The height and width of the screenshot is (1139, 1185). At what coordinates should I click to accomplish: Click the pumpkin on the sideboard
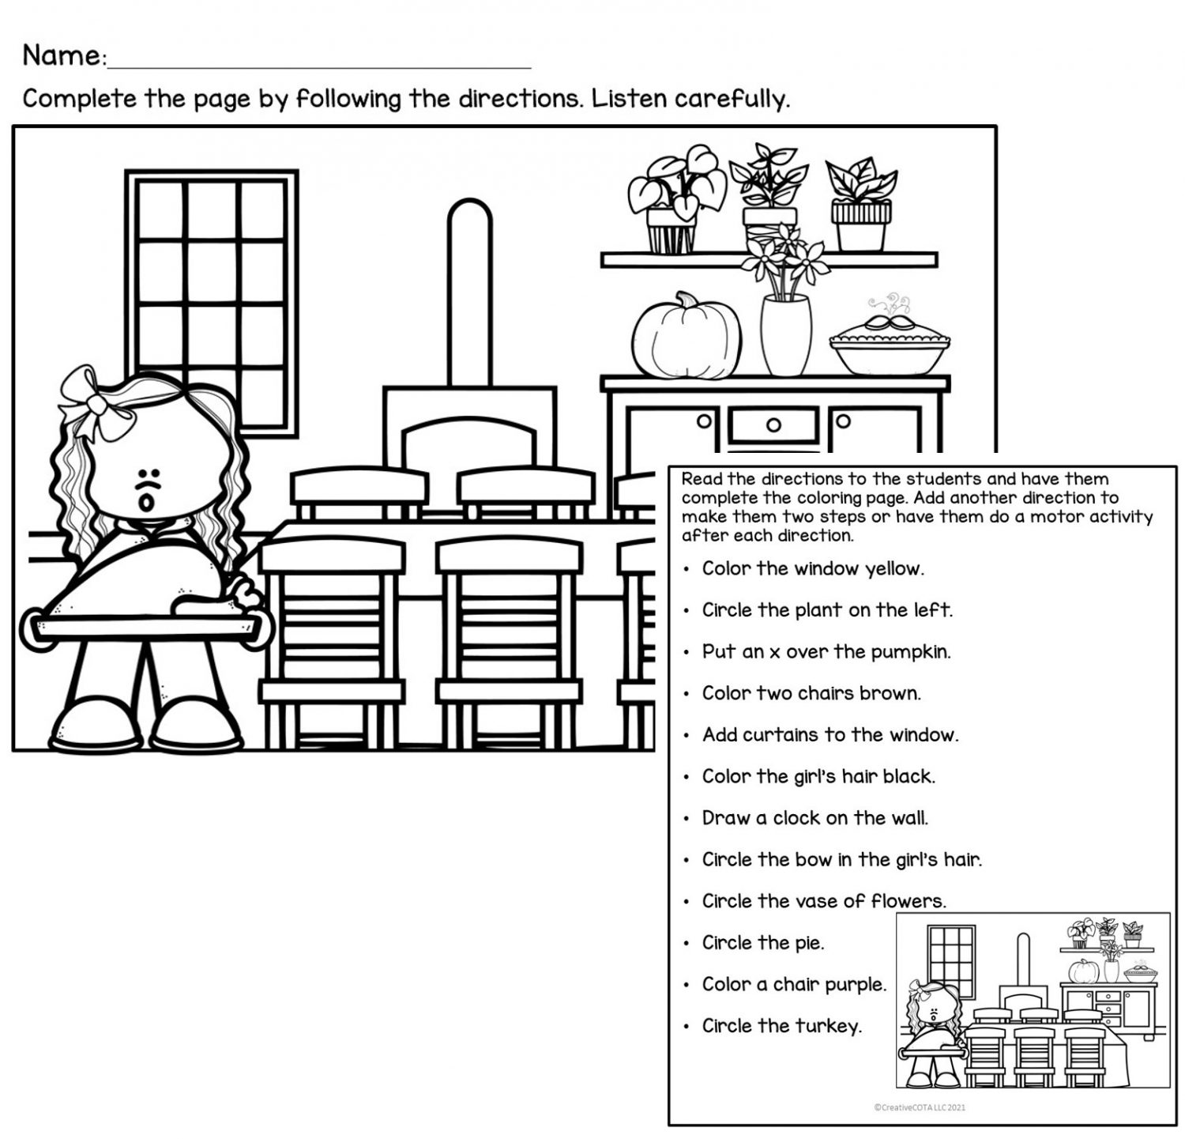(686, 336)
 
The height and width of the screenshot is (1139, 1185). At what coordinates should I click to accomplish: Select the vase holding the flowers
(785, 336)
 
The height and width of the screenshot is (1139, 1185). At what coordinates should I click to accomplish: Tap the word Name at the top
(62, 56)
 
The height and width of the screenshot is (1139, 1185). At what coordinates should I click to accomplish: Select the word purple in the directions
(856, 985)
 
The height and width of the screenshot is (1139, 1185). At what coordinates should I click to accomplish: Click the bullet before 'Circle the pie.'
(687, 944)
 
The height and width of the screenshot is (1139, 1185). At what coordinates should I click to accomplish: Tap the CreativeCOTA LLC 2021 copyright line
(919, 1107)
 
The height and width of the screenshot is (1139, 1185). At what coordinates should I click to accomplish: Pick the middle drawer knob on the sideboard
(773, 425)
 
